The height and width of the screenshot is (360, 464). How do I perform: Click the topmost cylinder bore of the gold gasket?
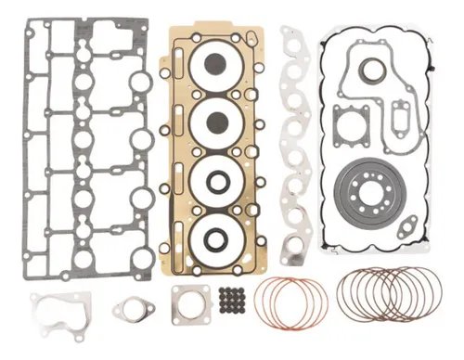click(214, 65)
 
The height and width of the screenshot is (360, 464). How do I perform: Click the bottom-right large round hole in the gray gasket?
click(141, 198)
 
